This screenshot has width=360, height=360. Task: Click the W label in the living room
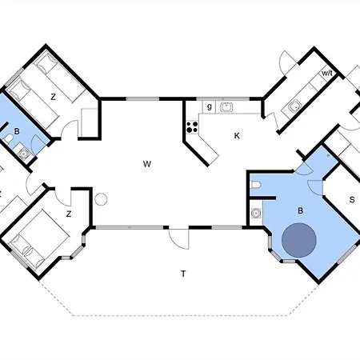tap(147, 164)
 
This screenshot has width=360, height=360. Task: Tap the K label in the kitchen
tap(237, 136)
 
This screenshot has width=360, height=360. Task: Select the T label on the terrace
tap(183, 274)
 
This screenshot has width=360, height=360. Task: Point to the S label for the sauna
tap(352, 199)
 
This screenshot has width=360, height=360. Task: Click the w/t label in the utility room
tap(327, 73)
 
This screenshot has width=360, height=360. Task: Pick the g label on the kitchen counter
tap(210, 107)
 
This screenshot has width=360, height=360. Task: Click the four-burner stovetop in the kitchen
tap(192, 127)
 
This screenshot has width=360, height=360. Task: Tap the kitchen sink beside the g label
tap(226, 107)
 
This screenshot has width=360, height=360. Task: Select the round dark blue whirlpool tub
tap(299, 240)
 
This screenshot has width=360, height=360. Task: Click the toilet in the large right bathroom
tap(255, 185)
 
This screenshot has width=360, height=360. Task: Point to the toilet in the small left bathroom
tap(8, 139)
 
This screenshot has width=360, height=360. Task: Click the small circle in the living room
tap(101, 199)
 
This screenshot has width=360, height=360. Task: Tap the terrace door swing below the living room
tap(179, 239)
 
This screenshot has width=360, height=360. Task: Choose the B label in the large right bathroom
tap(301, 211)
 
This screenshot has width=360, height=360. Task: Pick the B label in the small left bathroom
tap(17, 131)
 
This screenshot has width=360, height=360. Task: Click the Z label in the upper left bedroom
tap(54, 97)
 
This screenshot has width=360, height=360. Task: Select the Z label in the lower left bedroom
tap(69, 214)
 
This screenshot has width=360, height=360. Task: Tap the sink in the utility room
tap(294, 106)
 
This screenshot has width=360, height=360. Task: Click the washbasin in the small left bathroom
tap(24, 154)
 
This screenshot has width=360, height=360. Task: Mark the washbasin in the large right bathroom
tap(256, 213)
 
